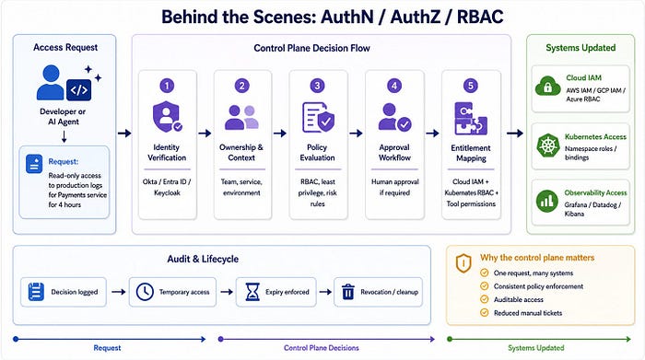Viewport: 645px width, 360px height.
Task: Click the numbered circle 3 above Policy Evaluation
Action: [317, 86]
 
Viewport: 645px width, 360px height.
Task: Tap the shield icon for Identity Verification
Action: [167, 117]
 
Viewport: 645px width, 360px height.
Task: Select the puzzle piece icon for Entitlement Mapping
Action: [471, 119]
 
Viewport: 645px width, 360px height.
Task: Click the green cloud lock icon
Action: [547, 87]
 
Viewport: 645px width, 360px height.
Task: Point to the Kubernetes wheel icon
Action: [547, 145]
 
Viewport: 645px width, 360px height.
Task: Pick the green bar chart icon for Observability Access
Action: [547, 201]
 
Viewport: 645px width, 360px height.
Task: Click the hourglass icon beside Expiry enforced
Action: [252, 292]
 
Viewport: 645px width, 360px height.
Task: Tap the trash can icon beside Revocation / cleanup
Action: [348, 292]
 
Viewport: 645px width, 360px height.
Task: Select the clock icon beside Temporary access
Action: [145, 292]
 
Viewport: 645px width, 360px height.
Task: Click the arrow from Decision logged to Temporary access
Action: [119, 292]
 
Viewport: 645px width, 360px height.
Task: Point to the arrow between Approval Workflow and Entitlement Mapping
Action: [432, 134]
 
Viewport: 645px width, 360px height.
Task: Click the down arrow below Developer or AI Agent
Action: [64, 137]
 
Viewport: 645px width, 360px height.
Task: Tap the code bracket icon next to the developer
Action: [78, 90]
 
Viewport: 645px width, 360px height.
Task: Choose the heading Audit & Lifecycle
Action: [203, 259]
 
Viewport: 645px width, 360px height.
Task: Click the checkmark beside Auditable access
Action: [485, 299]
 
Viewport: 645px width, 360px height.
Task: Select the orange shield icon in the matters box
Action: [463, 263]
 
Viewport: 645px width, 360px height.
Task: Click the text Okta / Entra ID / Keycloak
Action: [167, 187]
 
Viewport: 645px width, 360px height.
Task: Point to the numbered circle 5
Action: [471, 86]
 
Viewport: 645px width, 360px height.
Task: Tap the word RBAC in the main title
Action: [480, 17]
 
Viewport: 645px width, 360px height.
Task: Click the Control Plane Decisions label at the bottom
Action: [322, 348]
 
